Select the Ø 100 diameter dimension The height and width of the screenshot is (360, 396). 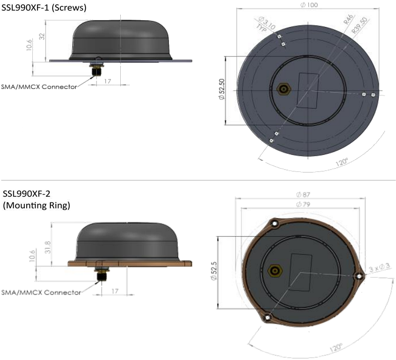coord(309,5)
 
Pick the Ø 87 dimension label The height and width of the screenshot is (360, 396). coord(303,195)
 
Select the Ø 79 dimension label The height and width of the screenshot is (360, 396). coord(303,205)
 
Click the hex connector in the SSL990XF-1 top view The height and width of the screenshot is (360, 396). coord(283,89)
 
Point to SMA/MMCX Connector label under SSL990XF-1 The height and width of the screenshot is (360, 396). coord(39,86)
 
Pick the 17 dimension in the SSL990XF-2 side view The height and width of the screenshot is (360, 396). coord(115,291)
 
